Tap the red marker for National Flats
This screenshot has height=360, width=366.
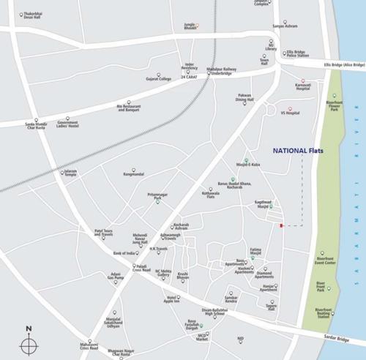280,225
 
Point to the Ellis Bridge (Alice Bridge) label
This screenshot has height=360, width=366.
344,65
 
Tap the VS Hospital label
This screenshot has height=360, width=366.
290,113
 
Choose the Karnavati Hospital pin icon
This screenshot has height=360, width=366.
302,81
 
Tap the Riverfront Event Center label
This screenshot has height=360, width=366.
326,260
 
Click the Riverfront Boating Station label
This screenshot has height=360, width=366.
323,312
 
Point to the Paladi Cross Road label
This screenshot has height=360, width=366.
141,269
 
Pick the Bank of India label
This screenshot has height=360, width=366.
125,253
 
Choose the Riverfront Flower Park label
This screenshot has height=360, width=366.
335,106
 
